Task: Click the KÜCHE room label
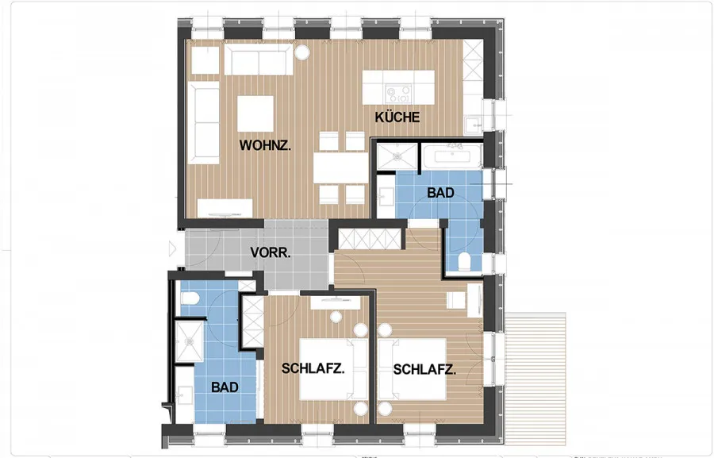[x=397, y=117]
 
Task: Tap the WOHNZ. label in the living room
[x=265, y=145]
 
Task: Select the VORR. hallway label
[x=271, y=252]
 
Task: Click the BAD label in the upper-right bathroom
[x=440, y=193]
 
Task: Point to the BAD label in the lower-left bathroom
[x=225, y=387]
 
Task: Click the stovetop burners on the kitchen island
[x=398, y=94]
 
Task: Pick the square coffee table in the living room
[x=255, y=114]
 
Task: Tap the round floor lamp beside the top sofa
[x=302, y=52]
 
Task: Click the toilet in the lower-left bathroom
[x=190, y=298]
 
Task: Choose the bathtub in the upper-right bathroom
[x=452, y=157]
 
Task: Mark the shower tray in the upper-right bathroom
[x=397, y=156]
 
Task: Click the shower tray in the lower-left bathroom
[x=190, y=341]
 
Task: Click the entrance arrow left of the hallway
[x=172, y=248]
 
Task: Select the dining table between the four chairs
[x=340, y=167]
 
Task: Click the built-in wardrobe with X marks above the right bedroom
[x=370, y=239]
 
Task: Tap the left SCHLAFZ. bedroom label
[x=313, y=368]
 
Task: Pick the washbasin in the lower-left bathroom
[x=185, y=395]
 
